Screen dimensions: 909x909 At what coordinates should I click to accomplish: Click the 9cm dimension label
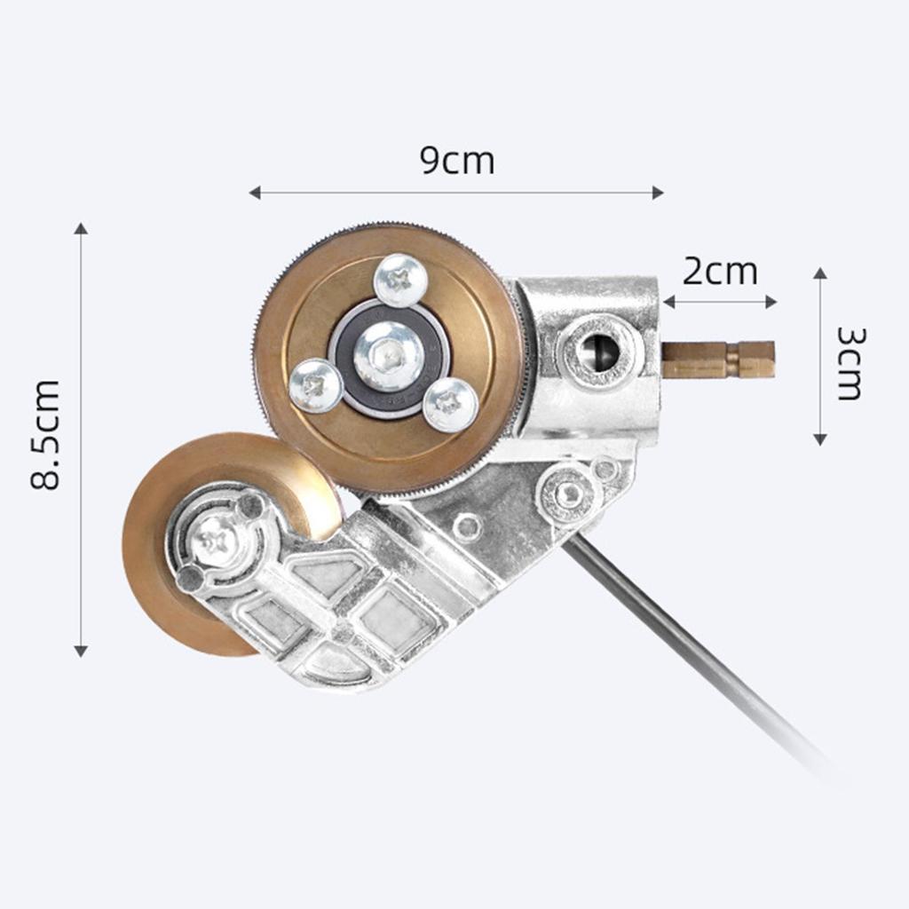click(x=457, y=161)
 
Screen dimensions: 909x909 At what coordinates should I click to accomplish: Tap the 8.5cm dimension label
click(x=46, y=435)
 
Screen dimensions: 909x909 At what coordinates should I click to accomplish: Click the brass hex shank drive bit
click(x=718, y=360)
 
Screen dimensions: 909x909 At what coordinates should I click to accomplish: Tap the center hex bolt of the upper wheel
click(x=388, y=356)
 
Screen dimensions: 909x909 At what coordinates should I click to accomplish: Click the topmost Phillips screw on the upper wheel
click(x=400, y=280)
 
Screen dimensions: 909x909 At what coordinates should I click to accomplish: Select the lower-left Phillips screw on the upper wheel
click(x=316, y=385)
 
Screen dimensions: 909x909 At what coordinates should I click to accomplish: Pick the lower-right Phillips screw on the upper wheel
click(x=450, y=405)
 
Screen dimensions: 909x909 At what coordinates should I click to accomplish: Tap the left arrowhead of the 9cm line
click(x=255, y=193)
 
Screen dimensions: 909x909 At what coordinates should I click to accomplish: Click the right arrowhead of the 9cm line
click(x=658, y=193)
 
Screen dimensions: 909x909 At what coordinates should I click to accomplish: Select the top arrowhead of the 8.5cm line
click(x=81, y=229)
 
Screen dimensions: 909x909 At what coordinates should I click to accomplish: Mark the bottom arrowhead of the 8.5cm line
click(x=81, y=651)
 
